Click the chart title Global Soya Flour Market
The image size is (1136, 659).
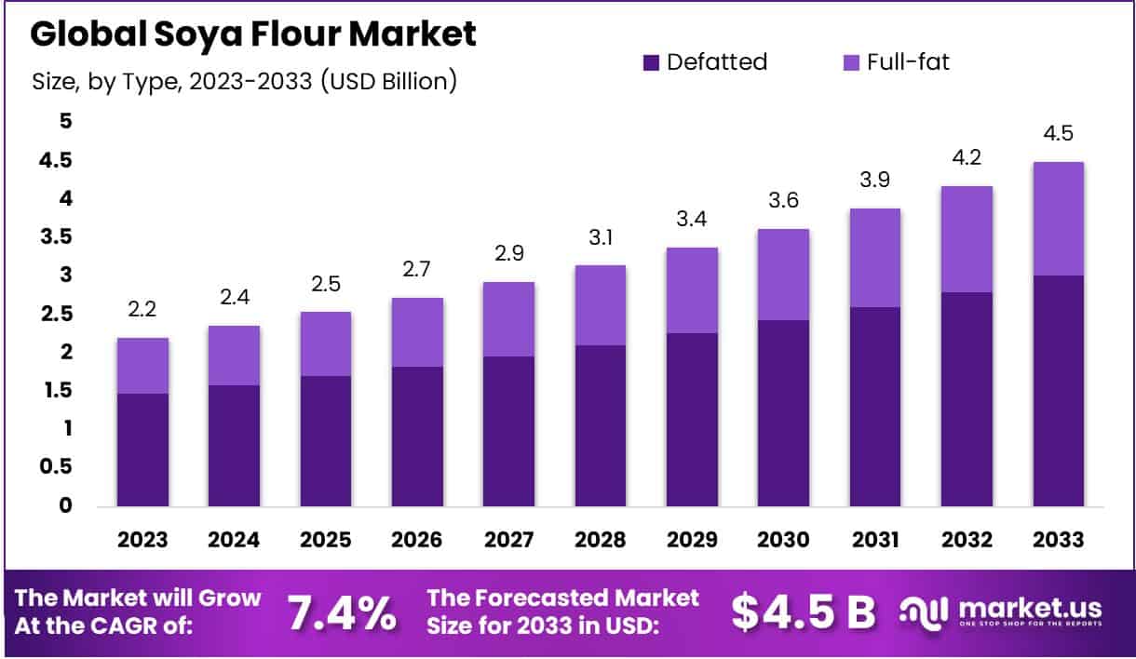pyautogui.click(x=253, y=34)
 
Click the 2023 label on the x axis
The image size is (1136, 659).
pyautogui.click(x=142, y=540)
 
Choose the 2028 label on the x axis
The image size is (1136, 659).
pyautogui.click(x=601, y=540)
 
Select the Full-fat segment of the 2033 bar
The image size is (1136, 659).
pyautogui.click(x=1058, y=219)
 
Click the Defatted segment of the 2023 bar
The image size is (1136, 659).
pyautogui.click(x=142, y=450)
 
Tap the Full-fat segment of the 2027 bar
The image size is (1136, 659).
pyautogui.click(x=508, y=319)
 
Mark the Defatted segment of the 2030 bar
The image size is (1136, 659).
pyautogui.click(x=783, y=413)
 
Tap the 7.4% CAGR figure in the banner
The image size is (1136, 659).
pyautogui.click(x=341, y=612)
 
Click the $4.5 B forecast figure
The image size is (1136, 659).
pyautogui.click(x=803, y=611)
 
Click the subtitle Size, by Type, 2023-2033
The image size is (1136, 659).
pyautogui.click(x=245, y=82)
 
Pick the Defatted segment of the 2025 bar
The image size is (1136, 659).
pyautogui.click(x=325, y=441)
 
